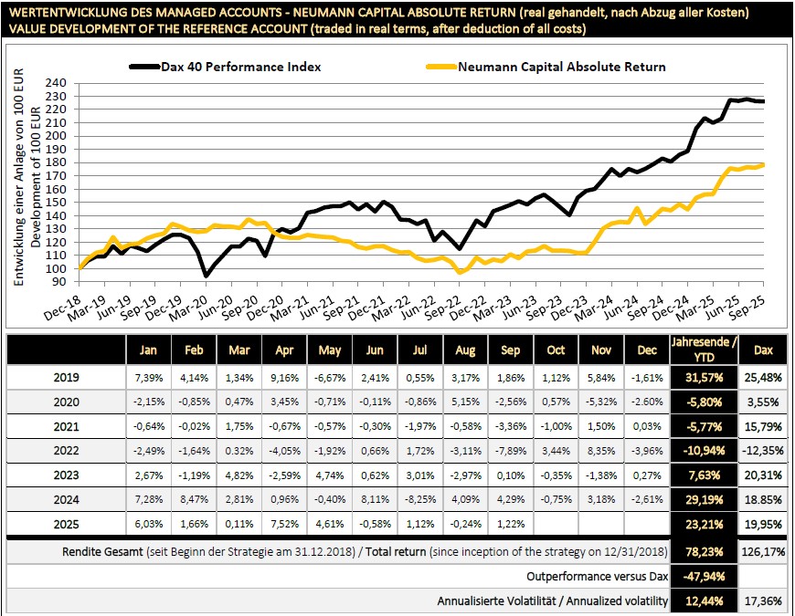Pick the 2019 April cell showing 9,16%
coord(283,377)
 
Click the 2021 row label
coord(67,427)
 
